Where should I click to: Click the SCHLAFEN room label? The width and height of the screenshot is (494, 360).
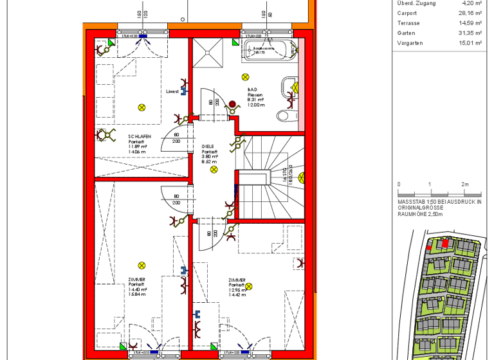(140, 136)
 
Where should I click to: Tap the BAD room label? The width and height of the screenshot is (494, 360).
(252, 90)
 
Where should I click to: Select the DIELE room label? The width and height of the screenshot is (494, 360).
(207, 147)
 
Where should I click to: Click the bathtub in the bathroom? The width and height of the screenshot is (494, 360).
(270, 50)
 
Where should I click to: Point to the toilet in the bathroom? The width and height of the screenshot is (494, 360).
(285, 116)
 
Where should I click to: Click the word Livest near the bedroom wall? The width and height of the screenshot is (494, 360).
(172, 91)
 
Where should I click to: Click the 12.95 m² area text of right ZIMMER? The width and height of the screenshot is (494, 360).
(237, 289)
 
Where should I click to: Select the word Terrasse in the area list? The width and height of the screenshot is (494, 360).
(408, 22)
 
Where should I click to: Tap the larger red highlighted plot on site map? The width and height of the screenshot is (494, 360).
(444, 244)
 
